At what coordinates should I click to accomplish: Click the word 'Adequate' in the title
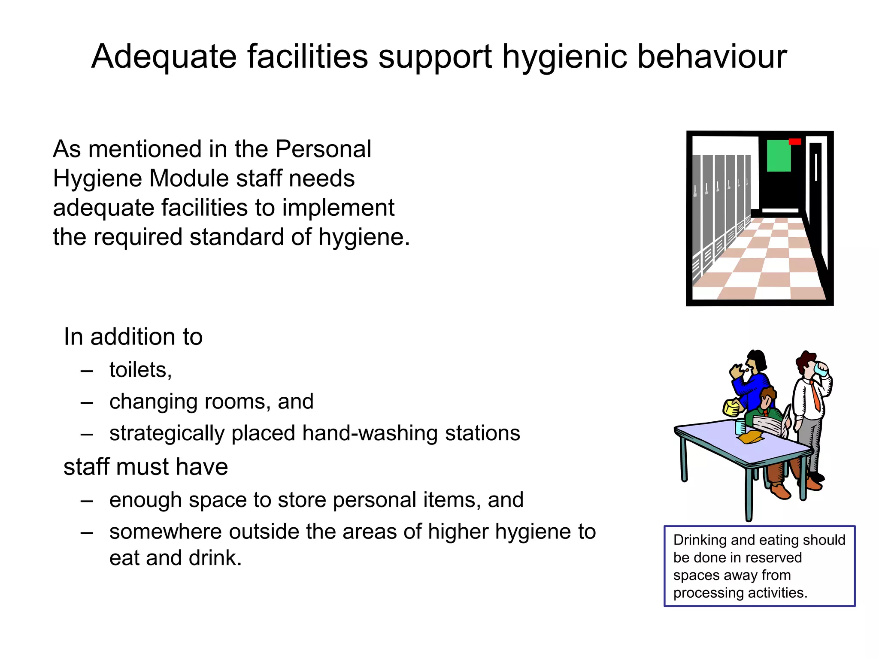[x=164, y=57]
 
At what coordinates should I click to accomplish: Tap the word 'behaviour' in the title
[x=712, y=57]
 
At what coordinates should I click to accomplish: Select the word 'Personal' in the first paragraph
[x=323, y=149]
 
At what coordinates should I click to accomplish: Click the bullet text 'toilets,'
[x=140, y=369]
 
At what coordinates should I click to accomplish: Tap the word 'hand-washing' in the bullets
[x=370, y=433]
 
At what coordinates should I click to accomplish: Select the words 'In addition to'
[x=133, y=337]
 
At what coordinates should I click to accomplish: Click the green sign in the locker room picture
[x=779, y=156]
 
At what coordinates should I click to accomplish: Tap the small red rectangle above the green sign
[x=795, y=142]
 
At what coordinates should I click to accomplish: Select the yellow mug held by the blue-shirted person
[x=732, y=407]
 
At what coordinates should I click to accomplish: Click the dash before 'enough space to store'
[x=87, y=500]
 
